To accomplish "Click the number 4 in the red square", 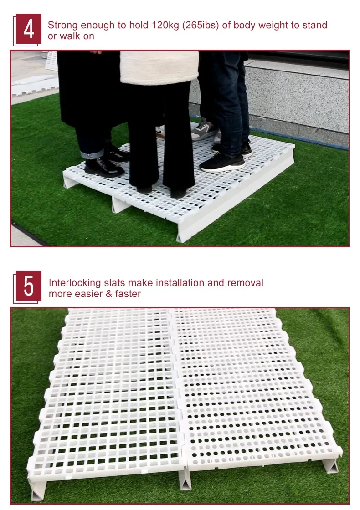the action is pyautogui.click(x=29, y=29).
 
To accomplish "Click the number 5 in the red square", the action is pyautogui.click(x=29, y=286).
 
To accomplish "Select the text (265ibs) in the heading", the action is pyautogui.click(x=201, y=25).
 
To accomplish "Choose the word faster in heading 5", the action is pyautogui.click(x=128, y=294).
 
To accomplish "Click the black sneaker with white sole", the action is pyautogui.click(x=222, y=163).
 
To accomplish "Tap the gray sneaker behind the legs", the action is pyautogui.click(x=203, y=130).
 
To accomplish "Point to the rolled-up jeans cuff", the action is pyautogui.click(x=92, y=153).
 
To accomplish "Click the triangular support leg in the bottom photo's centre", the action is pyautogui.click(x=185, y=478).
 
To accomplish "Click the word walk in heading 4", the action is pyautogui.click(x=71, y=36).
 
